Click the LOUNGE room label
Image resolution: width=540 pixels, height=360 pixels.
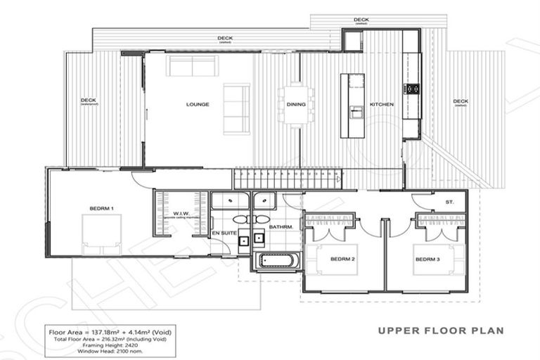(198, 104)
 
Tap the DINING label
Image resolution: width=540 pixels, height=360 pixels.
(295, 104)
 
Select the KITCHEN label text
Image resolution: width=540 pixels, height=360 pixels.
(382, 104)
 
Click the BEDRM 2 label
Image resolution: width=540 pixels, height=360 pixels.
(342, 259)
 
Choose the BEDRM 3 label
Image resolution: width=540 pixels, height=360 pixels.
(427, 259)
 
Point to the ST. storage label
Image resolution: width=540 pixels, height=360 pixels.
(449, 202)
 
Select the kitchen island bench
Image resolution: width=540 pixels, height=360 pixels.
(349, 106)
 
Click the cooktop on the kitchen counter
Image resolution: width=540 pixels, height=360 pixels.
(411, 89)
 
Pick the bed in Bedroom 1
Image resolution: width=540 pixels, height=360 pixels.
(96, 232)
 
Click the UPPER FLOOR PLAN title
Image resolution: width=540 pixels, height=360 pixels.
(440, 329)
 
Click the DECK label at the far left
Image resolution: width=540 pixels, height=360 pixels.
(88, 101)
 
